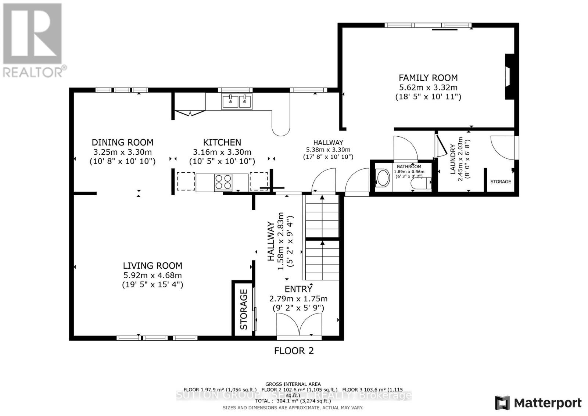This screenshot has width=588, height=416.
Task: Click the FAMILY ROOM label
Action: click(x=428, y=78)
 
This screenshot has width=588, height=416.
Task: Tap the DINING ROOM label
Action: click(x=122, y=142)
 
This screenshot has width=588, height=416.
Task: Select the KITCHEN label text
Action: click(x=222, y=142)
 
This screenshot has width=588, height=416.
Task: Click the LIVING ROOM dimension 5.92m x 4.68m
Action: click(x=153, y=275)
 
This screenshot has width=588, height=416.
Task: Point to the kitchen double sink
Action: click(x=237, y=101)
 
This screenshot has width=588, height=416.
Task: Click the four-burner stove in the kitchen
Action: click(x=223, y=182)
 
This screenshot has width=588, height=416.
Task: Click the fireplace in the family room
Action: click(x=509, y=76)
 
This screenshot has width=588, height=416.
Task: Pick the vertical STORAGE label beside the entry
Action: click(x=244, y=309)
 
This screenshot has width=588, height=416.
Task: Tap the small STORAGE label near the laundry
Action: click(x=501, y=182)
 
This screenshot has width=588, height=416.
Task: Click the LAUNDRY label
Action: click(x=453, y=159)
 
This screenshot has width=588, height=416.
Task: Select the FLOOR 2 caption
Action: click(x=294, y=351)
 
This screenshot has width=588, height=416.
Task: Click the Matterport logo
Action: click(x=538, y=403)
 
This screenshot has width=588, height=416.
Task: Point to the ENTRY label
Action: click(x=298, y=289)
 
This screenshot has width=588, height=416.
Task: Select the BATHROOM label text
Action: click(x=409, y=166)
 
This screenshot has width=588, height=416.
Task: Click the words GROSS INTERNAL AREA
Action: click(x=293, y=384)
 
